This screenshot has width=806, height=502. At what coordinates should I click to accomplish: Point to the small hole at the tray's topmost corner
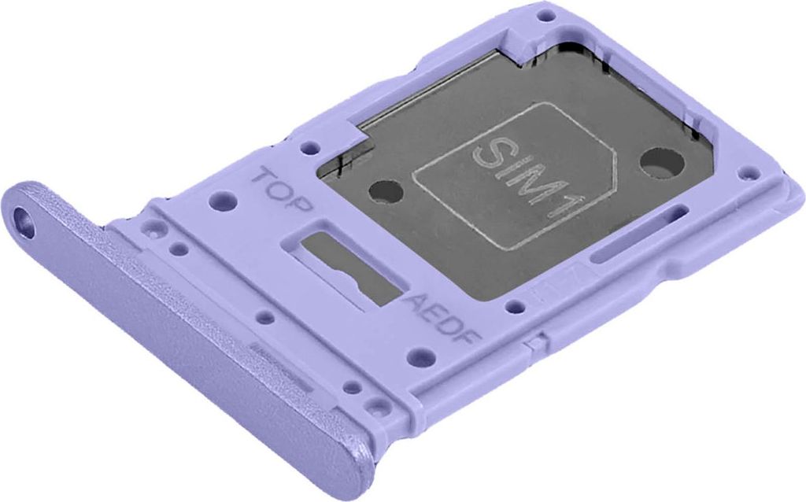tap(545, 15)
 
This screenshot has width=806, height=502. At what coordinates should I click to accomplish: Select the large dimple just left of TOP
tap(224, 203)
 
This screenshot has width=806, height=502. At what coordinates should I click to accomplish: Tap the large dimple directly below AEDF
tap(423, 358)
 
